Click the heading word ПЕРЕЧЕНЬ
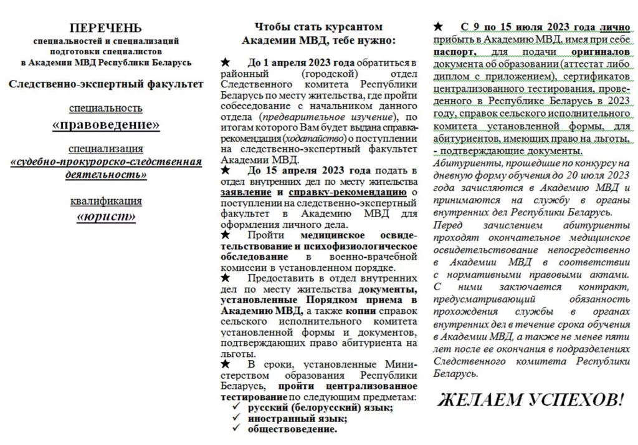coord(106,28)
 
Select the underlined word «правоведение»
coord(106,125)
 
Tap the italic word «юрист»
coord(106,217)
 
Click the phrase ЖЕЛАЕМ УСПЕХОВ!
coord(530,399)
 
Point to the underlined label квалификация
coord(106,201)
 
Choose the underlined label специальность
coord(106,109)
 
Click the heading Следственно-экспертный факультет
coord(106,84)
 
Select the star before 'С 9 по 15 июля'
coord(439,27)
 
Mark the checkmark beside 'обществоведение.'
coord(237,429)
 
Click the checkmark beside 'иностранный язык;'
coord(237,418)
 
